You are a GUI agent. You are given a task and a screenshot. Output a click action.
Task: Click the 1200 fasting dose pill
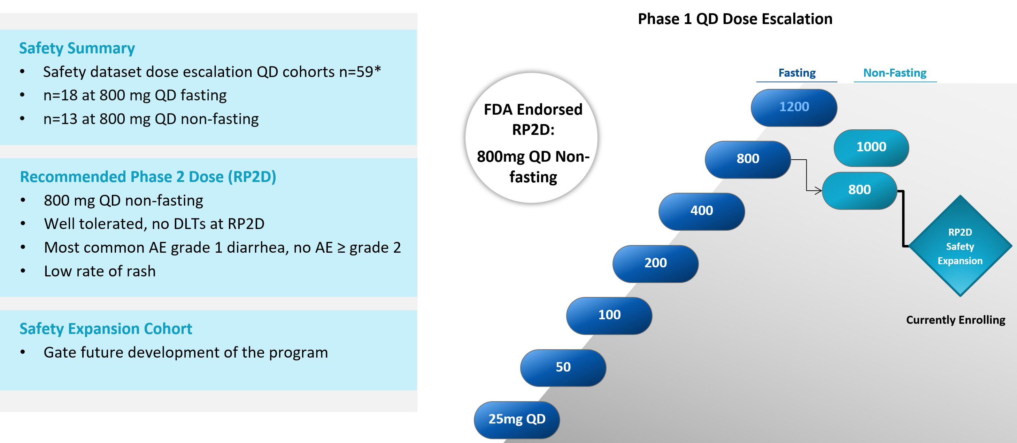[794, 107]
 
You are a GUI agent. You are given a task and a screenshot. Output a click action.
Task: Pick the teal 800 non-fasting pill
[860, 190]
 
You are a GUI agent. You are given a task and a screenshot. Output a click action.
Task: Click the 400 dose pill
[702, 211]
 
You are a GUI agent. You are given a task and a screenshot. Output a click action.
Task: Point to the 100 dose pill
[609, 315]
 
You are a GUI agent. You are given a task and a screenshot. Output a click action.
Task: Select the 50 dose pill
[563, 368]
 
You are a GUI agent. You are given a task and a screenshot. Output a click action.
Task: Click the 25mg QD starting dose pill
[517, 419]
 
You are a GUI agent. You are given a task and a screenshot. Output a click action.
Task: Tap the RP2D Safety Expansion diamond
[960, 246]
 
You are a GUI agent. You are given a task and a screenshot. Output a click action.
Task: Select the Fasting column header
[797, 73]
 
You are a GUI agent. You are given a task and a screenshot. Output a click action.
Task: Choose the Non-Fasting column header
[895, 73]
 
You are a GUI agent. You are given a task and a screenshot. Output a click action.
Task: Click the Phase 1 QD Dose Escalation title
[735, 19]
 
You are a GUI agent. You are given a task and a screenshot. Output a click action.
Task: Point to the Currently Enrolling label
[955, 320]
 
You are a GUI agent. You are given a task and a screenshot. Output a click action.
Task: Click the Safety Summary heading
[77, 48]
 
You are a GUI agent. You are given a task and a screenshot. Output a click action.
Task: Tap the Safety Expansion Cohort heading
[106, 328]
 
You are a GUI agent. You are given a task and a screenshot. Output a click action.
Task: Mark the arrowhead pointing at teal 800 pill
[818, 191]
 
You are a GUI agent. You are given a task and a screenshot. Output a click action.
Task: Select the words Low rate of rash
[100, 271]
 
